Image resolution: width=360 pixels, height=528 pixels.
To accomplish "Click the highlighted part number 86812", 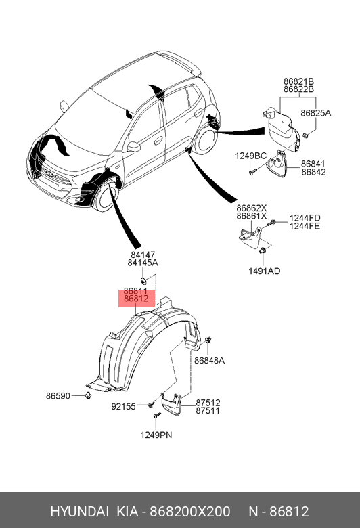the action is pyautogui.click(x=136, y=299).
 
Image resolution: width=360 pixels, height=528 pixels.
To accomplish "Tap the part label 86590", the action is pyautogui.click(x=58, y=396).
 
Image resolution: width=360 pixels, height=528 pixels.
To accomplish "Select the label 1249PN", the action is pyautogui.click(x=156, y=435).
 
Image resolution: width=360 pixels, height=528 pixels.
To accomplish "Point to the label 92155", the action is pyautogui.click(x=123, y=406).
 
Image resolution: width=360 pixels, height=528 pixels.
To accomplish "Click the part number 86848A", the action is pyautogui.click(x=209, y=361).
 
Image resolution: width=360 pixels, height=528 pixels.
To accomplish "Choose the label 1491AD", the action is pyautogui.click(x=265, y=271).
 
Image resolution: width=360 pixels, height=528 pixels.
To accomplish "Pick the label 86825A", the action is pyautogui.click(x=316, y=114).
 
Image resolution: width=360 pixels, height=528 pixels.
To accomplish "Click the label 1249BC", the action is pyautogui.click(x=250, y=156).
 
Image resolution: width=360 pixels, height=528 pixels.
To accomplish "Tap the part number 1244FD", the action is pyautogui.click(x=305, y=218).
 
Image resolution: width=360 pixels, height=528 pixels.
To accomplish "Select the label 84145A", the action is pyautogui.click(x=143, y=263).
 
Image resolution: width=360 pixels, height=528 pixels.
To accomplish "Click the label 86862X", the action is pyautogui.click(x=252, y=208).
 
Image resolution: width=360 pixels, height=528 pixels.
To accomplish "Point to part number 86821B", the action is pyautogui.click(x=298, y=81).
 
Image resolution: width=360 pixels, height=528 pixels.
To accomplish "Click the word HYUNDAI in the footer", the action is pyautogui.click(x=79, y=512).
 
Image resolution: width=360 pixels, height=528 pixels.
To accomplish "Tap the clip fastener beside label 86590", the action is pyautogui.click(x=88, y=395).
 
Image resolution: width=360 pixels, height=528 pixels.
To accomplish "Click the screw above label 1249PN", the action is pyautogui.click(x=157, y=415).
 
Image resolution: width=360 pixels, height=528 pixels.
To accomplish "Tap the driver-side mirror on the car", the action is pyautogui.click(x=133, y=146).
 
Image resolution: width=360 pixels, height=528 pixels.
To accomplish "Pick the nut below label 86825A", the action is pyautogui.click(x=305, y=135).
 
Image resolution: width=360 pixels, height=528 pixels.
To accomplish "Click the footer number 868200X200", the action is pyautogui.click(x=190, y=512).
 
